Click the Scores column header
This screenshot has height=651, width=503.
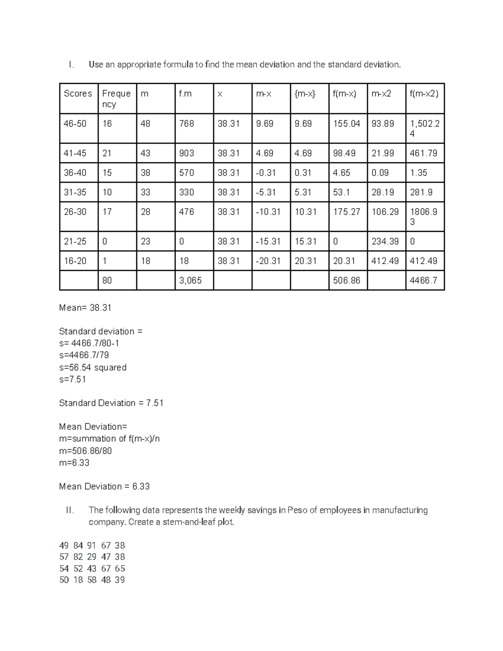(78, 93)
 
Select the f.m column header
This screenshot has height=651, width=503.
(185, 93)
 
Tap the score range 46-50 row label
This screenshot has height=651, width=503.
(75, 124)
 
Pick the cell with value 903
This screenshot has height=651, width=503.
(187, 153)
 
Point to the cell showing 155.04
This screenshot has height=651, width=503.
(347, 124)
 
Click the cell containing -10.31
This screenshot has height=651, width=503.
(268, 212)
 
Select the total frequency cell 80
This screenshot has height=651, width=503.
(107, 280)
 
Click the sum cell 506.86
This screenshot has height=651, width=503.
(347, 280)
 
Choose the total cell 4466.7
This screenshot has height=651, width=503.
(423, 280)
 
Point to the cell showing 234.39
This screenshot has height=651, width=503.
(385, 241)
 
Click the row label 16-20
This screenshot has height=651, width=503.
(75, 261)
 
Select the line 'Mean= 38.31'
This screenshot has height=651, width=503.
(85, 308)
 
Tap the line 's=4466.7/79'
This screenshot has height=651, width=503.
(84, 355)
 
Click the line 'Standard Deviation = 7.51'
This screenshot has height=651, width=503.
(111, 403)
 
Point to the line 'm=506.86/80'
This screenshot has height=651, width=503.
(86, 451)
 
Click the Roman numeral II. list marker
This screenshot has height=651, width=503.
(70, 510)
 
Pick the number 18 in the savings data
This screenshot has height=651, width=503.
(78, 580)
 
